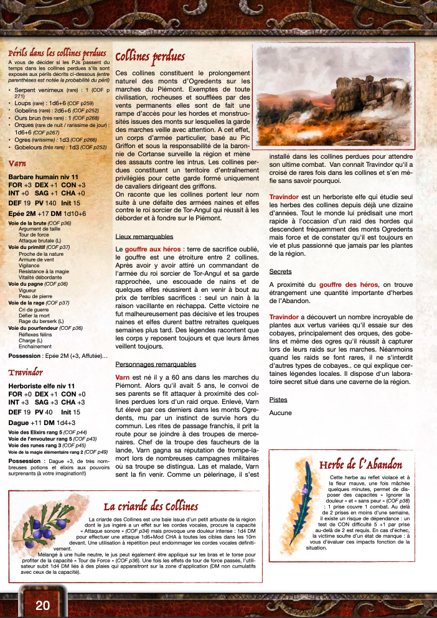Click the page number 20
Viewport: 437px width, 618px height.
tap(43, 606)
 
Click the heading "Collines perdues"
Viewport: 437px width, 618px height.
tap(150, 57)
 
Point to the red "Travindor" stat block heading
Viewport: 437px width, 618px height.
tap(26, 372)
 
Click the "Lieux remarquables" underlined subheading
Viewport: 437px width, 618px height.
tap(144, 236)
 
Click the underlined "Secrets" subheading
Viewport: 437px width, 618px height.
tap(280, 271)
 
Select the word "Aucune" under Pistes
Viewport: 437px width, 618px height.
tap(281, 412)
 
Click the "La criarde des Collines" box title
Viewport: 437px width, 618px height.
tap(151, 505)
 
